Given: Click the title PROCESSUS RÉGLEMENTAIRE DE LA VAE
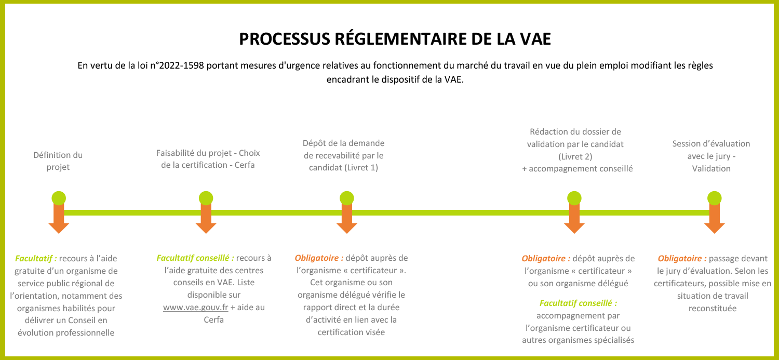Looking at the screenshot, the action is [395, 38].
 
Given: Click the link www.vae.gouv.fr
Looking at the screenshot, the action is [195, 307].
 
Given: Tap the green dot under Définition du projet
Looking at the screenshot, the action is [59, 198].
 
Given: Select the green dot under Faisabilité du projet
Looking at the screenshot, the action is [206, 198].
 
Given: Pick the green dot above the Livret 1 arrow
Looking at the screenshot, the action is [347, 198].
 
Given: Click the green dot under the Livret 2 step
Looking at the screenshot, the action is [574, 198].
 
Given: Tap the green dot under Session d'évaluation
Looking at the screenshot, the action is [714, 198].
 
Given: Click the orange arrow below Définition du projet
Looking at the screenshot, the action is [59, 218].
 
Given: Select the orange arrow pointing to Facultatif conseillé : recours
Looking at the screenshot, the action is [206, 218].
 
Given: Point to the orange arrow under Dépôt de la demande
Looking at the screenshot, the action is [347, 218].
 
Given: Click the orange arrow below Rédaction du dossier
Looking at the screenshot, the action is [574, 218].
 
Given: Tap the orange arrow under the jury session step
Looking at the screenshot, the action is [714, 218].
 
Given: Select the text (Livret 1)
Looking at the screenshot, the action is [361, 168].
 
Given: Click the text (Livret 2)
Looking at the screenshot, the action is [575, 156].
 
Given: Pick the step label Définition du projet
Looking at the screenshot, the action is [58, 161].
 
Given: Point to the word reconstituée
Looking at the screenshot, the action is [713, 309].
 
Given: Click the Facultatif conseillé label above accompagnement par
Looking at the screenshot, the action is [579, 303].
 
